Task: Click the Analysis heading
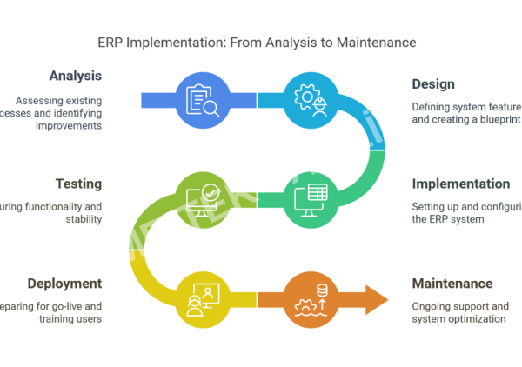pyautogui.click(x=75, y=76)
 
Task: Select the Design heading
pyautogui.click(x=433, y=84)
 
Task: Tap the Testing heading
pyautogui.click(x=78, y=183)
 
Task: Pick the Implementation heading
pyautogui.click(x=460, y=183)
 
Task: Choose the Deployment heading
pyautogui.click(x=64, y=284)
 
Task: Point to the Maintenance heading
pyautogui.click(x=452, y=284)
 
